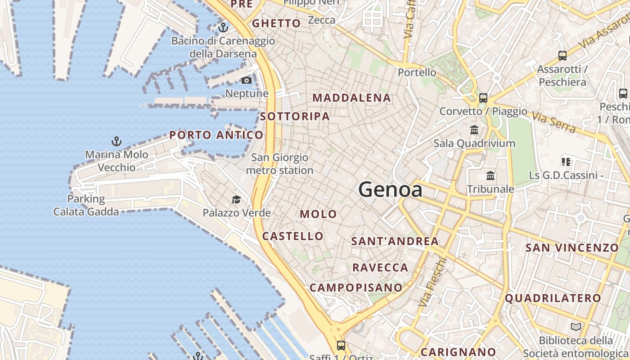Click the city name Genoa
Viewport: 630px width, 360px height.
pos(390,189)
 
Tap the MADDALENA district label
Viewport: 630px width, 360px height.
pos(351,98)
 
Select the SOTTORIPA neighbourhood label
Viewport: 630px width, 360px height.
pos(295,116)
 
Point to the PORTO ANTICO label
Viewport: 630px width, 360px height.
pos(216,135)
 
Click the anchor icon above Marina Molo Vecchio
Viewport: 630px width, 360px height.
pos(117,142)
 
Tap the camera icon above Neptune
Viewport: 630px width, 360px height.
pos(246,81)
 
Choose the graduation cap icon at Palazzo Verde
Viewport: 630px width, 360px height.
pos(236,199)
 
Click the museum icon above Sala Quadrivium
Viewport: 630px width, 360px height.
pos(474,130)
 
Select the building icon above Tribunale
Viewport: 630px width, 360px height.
pos(490,175)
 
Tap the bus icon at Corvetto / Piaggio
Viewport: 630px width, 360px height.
pos(483,98)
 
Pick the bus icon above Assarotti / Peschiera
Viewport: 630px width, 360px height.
pos(562,56)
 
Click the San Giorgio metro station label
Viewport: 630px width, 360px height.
pos(279,164)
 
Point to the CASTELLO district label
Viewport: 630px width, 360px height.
pos(292,236)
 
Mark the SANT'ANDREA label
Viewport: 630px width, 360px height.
pos(395,241)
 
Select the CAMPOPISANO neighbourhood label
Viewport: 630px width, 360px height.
pos(356,288)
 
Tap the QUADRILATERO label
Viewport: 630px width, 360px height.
pos(553,298)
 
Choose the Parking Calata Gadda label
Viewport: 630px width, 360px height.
pos(86,205)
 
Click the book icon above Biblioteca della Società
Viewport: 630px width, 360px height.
pos(576,327)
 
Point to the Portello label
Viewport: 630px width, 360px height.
pos(417,72)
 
